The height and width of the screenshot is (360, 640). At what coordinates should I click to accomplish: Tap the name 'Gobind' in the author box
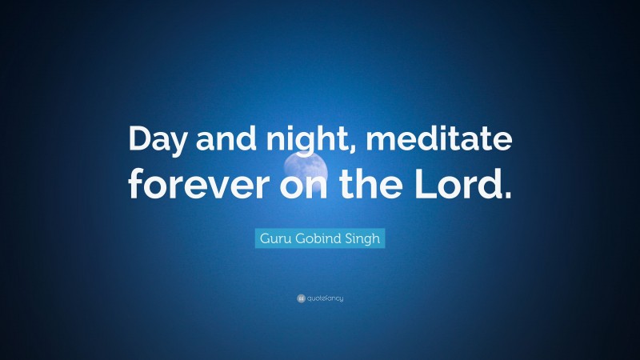(x=320, y=238)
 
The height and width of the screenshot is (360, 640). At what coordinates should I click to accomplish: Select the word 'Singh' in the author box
(x=364, y=238)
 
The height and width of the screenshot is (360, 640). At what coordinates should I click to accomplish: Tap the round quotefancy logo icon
(x=301, y=298)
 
